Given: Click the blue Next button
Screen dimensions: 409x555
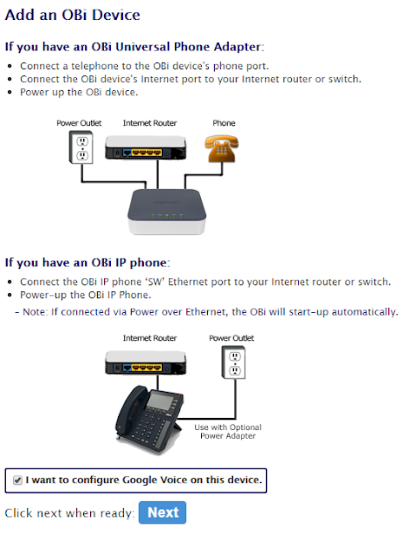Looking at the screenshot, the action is tap(162, 513).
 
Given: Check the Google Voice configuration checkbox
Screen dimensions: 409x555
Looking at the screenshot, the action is tap(17, 480).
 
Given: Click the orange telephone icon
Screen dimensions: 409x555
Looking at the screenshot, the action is tap(222, 148).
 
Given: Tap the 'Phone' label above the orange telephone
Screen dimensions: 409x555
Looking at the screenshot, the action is tap(224, 123).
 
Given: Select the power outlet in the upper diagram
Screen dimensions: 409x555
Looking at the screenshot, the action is tap(81, 147).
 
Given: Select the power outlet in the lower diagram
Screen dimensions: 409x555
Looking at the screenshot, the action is tap(233, 362).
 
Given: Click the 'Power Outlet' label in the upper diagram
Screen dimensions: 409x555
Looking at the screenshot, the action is tap(79, 123).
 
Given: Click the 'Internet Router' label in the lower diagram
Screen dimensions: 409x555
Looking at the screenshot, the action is tap(150, 338).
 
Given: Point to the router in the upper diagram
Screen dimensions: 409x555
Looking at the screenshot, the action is tap(146, 147).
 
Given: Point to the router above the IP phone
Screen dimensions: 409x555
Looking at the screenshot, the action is tap(146, 362).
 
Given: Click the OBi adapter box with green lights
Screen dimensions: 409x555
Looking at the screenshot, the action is tap(166, 212).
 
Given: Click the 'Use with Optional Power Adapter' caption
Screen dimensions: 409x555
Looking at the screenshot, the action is tap(228, 432).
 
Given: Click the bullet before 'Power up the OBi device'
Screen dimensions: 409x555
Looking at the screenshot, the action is tap(10, 93).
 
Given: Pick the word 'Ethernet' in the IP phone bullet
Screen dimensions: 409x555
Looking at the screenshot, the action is tap(188, 282).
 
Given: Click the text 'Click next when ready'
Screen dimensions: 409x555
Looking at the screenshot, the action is tap(69, 513).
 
